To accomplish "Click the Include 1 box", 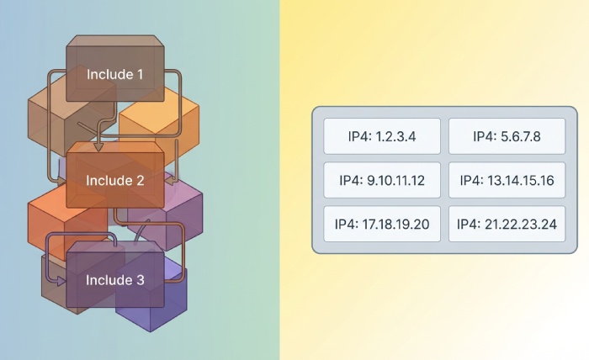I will [115, 74].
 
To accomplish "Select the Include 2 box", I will [115, 180].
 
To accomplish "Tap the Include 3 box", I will [115, 279].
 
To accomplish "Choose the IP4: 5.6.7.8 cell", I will [507, 136].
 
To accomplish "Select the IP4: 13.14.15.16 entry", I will [507, 180].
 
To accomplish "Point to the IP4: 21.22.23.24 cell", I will [507, 224].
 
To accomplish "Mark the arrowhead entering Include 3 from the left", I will [61, 281].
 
